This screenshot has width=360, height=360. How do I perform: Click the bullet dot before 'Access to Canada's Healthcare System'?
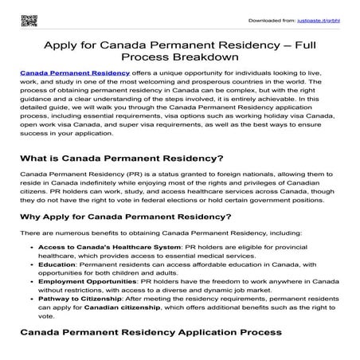coord(30,269)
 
